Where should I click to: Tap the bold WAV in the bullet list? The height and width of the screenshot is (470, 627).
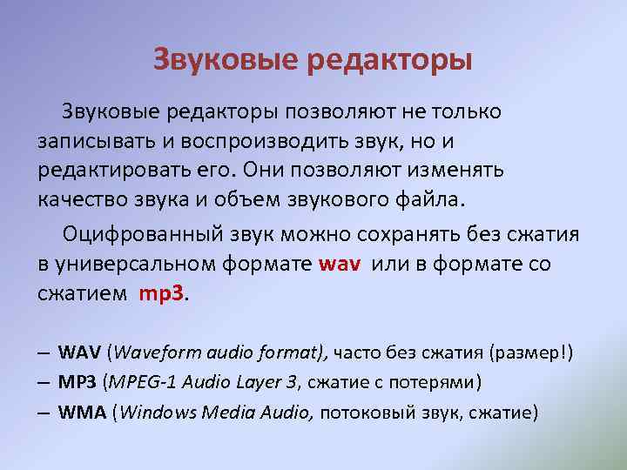(x=79, y=352)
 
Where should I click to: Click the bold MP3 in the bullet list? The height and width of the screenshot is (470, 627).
(x=78, y=381)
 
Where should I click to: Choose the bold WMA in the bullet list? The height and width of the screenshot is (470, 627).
(x=82, y=411)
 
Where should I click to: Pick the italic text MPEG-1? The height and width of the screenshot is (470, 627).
(x=141, y=381)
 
